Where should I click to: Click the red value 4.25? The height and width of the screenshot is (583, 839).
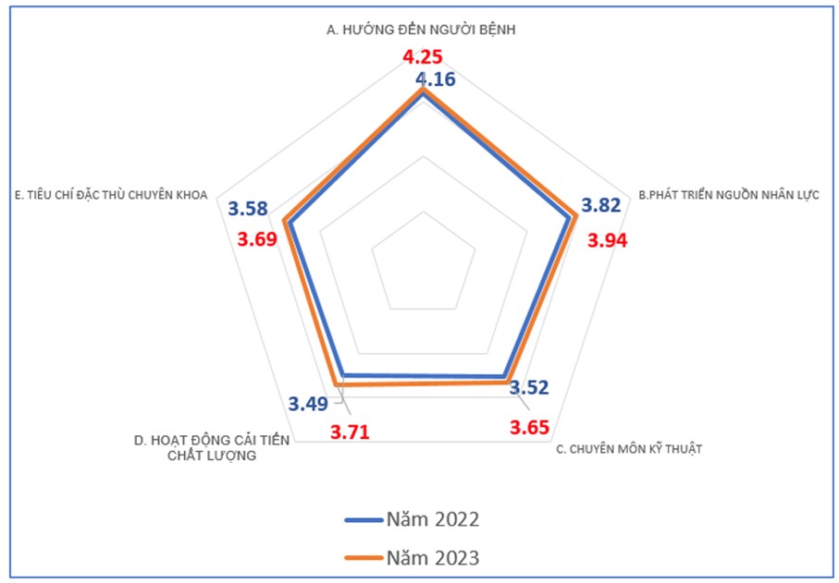[x=422, y=57]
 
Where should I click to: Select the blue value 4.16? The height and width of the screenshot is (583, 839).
[x=435, y=79]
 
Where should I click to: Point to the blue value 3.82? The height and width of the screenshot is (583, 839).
[x=600, y=206]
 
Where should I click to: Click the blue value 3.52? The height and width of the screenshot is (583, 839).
[x=529, y=387]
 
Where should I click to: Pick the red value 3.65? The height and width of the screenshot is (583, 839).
[x=530, y=427]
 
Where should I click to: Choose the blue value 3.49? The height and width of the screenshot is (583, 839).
[x=307, y=404]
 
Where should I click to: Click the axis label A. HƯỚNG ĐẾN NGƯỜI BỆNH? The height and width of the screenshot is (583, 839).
[x=421, y=30]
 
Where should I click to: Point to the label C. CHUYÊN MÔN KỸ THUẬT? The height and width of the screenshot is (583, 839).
[x=629, y=449]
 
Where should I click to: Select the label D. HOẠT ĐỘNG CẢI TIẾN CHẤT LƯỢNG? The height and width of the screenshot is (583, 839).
[x=212, y=448]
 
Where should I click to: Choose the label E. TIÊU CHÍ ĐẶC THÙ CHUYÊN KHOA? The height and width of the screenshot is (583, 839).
[x=112, y=195]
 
